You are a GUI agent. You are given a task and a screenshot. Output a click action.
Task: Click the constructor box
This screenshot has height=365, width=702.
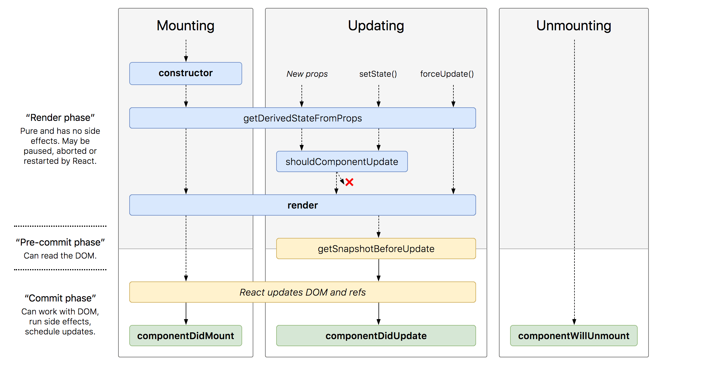[186, 74]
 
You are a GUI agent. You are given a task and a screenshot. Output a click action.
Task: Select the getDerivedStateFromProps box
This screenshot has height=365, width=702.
[303, 118]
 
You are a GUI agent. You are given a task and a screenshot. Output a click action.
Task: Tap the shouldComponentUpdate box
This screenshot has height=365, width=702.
[342, 161]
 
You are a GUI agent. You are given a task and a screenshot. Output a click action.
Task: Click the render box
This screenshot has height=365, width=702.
[303, 205]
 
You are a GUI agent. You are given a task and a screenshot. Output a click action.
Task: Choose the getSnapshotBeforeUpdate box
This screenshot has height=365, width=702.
[376, 249]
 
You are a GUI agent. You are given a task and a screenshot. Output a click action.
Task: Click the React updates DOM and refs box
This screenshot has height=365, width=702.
[303, 292]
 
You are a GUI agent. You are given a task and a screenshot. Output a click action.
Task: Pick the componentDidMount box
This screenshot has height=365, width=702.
[186, 336]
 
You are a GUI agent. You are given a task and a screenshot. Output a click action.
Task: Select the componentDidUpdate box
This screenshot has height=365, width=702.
[376, 336]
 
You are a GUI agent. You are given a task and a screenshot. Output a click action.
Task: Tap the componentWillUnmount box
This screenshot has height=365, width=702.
[574, 336]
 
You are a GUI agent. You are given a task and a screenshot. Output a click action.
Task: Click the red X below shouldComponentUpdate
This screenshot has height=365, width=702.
[349, 182]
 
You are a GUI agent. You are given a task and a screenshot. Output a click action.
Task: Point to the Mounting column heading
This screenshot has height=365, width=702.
[185, 26]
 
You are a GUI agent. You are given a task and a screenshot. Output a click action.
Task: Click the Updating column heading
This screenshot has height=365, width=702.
[376, 26]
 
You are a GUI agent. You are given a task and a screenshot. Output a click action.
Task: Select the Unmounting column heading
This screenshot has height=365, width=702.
[574, 26]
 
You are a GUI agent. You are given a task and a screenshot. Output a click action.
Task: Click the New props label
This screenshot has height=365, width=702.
[307, 74]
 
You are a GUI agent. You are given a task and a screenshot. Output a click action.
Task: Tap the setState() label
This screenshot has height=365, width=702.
[378, 74]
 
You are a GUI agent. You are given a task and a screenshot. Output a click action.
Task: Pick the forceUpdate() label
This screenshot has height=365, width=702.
[447, 74]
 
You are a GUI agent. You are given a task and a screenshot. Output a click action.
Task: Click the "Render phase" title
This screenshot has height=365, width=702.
[60, 118]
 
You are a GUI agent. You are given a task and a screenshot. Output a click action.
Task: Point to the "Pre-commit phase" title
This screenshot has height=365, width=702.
[60, 242]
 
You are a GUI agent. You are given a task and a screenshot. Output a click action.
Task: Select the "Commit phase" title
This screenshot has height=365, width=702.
[60, 298]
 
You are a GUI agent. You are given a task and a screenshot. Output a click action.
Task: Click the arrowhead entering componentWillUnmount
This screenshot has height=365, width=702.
[574, 322]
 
